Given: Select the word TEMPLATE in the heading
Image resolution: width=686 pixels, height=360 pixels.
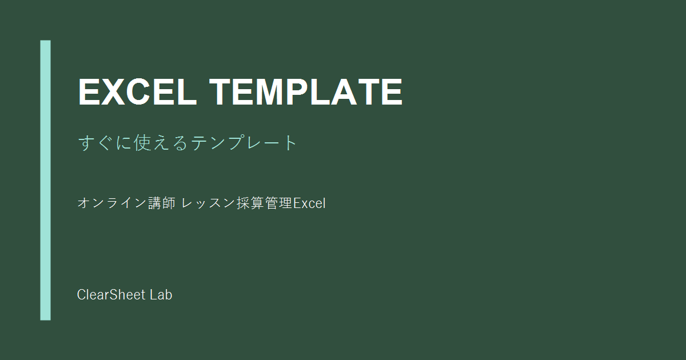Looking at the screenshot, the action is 306,92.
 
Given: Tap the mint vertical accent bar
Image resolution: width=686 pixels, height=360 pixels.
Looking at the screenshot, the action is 45,181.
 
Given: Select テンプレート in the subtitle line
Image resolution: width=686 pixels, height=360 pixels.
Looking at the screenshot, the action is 244,143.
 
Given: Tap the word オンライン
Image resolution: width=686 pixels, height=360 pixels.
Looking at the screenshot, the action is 112,203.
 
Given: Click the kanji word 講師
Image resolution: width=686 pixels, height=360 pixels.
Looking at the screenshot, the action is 162,203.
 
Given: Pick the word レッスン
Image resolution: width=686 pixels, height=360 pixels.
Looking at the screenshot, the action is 208,203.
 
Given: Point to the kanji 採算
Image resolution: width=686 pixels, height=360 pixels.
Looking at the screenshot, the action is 250,203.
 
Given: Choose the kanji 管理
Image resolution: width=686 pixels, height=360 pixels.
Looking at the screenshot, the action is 278,203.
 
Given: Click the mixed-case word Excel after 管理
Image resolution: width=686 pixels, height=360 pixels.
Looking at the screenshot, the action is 309,203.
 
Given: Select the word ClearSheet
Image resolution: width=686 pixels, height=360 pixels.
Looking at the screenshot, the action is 111,294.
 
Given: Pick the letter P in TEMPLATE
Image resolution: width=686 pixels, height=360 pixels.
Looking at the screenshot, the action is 297,92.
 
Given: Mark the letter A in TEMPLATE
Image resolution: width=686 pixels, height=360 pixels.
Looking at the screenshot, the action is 344,92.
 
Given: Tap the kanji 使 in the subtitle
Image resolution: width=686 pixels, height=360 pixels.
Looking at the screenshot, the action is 143,143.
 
